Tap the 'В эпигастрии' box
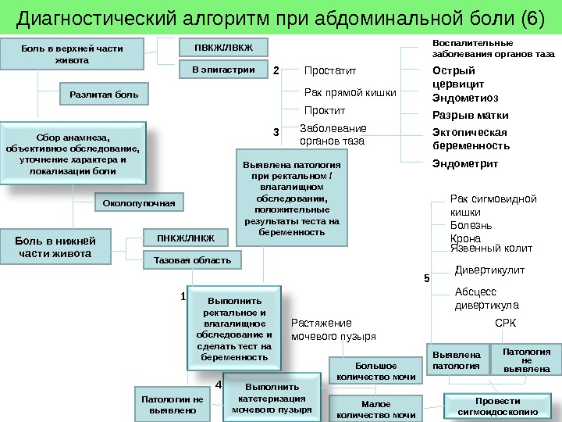(x=223, y=70)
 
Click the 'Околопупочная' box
(x=140, y=202)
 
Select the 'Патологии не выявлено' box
(x=171, y=404)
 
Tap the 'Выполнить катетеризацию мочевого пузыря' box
(x=272, y=398)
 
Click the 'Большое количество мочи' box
(x=376, y=371)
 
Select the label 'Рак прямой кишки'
(x=350, y=93)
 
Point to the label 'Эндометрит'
(x=465, y=163)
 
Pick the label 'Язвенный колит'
(x=492, y=249)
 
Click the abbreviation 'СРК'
(x=506, y=322)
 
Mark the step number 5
(x=426, y=277)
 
